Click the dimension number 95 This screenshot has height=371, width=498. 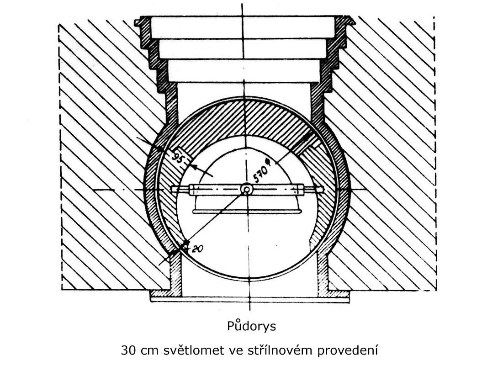[178, 157]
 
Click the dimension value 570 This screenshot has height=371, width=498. [260, 174]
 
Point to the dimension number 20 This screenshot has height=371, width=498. [197, 249]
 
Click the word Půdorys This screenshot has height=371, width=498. [251, 326]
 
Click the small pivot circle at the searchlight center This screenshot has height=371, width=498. [246, 190]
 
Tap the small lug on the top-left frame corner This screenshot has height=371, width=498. [137, 23]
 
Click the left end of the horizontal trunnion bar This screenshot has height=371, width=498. [172, 189]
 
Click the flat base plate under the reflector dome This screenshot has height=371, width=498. [247, 211]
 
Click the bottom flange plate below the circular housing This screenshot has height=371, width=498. [249, 299]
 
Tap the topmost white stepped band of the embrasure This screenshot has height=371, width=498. [243, 27]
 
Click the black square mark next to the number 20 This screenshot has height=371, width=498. [185, 245]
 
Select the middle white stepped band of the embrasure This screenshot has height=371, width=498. [243, 49]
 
